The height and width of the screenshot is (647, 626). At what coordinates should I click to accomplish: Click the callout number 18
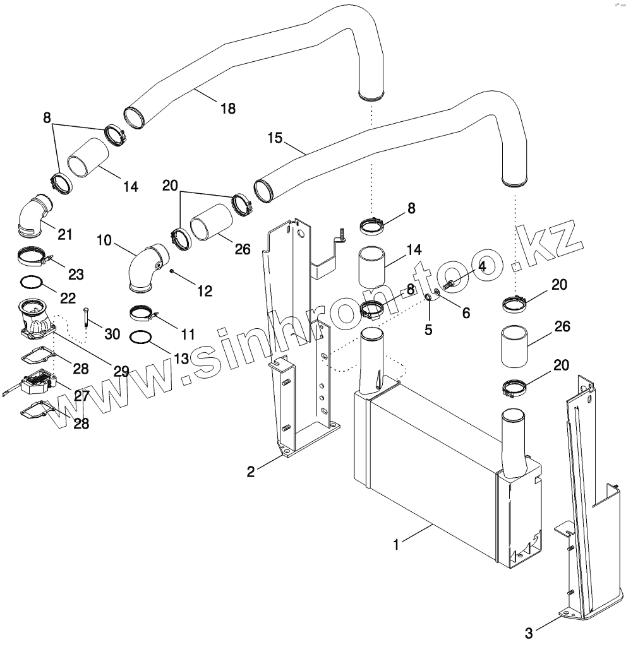227,109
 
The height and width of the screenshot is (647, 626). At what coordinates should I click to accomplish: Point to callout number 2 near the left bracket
251,472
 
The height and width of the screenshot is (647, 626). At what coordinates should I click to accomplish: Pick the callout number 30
112,334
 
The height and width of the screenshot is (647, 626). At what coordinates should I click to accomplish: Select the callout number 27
82,396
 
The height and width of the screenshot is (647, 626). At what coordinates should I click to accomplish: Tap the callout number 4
482,266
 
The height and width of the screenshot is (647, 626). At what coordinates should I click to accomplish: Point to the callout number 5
429,329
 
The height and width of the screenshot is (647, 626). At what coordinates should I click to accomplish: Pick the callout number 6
466,313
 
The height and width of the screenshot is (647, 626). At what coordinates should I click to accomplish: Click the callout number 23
75,275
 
